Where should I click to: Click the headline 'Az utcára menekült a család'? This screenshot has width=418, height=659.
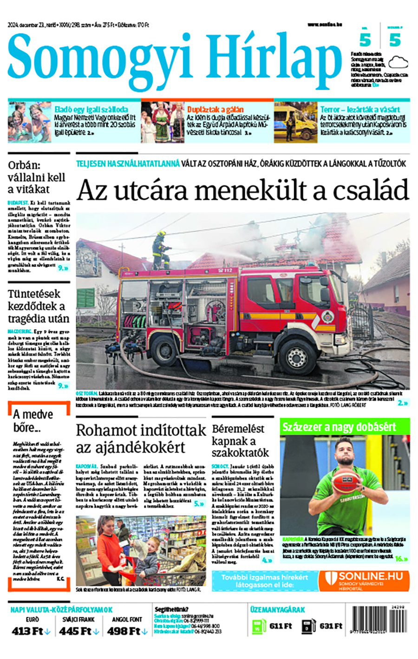click(x=242, y=190)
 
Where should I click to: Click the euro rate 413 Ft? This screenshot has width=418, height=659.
click(x=28, y=632)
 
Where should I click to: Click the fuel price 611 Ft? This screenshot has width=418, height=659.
click(x=281, y=626)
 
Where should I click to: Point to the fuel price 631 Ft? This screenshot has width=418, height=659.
click(x=331, y=626)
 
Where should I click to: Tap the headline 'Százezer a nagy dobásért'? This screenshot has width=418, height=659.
click(x=339, y=427)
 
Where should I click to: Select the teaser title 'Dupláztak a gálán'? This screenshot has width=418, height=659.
click(x=215, y=110)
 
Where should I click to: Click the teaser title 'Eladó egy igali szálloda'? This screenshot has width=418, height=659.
click(x=91, y=110)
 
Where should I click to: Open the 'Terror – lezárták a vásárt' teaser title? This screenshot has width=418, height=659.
click(x=360, y=110)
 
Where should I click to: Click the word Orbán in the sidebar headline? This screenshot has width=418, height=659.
click(x=24, y=165)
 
